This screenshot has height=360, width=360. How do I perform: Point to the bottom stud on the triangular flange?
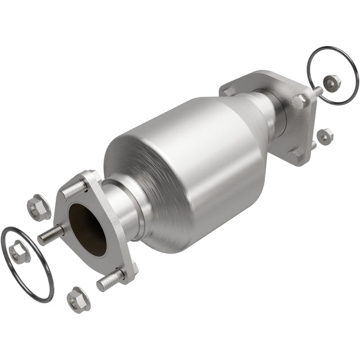click(x=110, y=280)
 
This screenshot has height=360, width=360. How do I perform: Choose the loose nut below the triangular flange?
click(x=78, y=299)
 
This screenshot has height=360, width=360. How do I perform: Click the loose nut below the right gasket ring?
click(x=325, y=135)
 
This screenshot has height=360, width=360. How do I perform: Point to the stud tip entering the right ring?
click(x=318, y=89)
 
